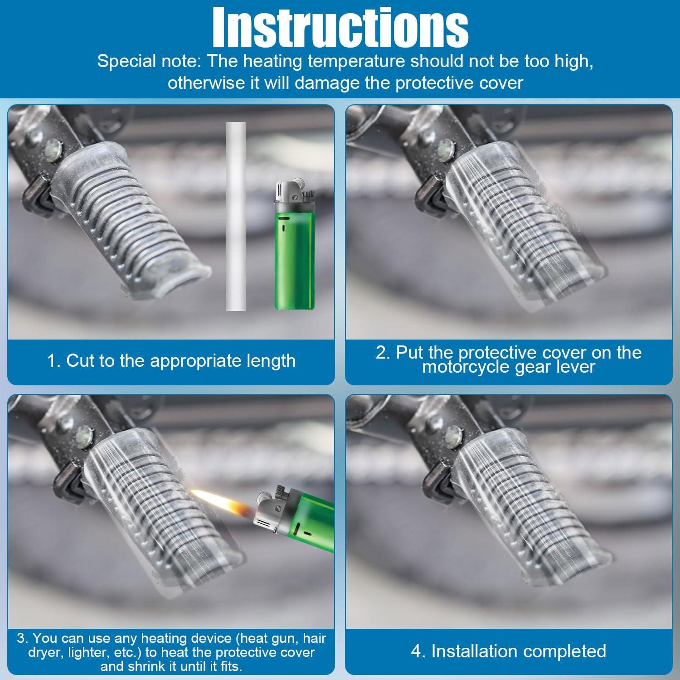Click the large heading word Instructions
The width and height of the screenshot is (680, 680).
pyautogui.click(x=340, y=26)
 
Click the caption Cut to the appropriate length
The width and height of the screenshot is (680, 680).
pyautogui.click(x=171, y=360)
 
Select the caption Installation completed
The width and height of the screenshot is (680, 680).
pyautogui.click(x=509, y=651)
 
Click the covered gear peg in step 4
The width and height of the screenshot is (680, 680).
pyautogui.click(x=517, y=512)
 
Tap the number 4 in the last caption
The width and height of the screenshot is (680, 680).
pyautogui.click(x=416, y=651)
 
